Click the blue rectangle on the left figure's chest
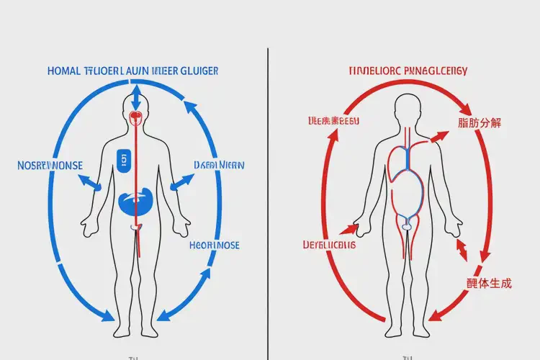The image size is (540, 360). [123, 160]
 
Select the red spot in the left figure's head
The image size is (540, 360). [135, 116]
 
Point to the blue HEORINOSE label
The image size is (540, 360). [215, 245]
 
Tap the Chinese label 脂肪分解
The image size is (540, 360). [480, 122]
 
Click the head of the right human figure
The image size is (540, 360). [408, 109]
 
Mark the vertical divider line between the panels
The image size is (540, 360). [268, 202]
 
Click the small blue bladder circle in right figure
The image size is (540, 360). [408, 226]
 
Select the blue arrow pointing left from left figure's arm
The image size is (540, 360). [90, 181]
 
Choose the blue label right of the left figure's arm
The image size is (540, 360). [219, 165]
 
